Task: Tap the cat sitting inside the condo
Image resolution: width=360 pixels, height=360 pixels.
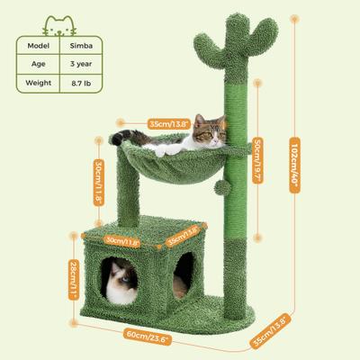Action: coord(120,282)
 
